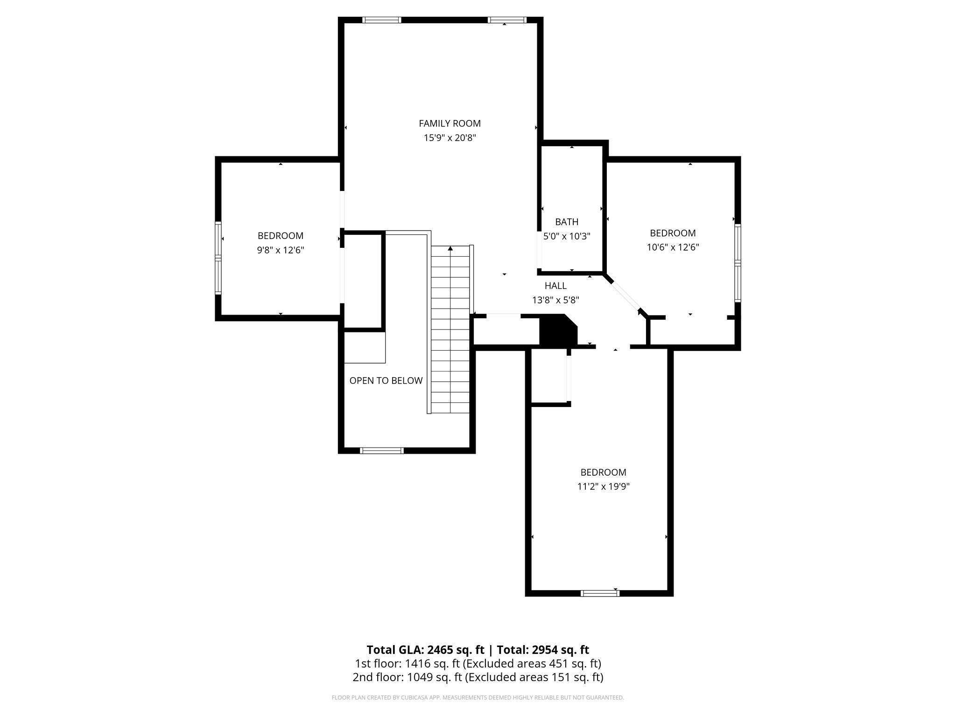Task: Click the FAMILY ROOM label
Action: (x=450, y=123)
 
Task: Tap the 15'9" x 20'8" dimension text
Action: (x=450, y=138)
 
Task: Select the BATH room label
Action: (x=567, y=222)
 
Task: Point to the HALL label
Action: (x=555, y=286)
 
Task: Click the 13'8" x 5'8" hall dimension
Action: (x=555, y=300)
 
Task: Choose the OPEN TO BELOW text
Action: (x=386, y=380)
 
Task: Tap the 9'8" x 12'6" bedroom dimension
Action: (x=281, y=250)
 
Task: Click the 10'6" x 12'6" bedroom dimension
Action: (x=673, y=247)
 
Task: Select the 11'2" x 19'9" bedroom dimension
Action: (x=603, y=486)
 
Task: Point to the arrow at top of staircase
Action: (x=450, y=249)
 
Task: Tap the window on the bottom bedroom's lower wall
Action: (x=600, y=593)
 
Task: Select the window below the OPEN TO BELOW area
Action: (x=381, y=450)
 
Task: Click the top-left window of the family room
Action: (x=381, y=20)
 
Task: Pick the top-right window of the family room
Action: (x=507, y=20)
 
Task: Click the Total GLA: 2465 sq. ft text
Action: (x=426, y=650)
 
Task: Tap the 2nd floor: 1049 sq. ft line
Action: (x=478, y=677)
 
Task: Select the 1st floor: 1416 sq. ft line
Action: (x=478, y=663)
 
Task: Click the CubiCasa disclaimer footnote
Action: (x=478, y=698)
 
